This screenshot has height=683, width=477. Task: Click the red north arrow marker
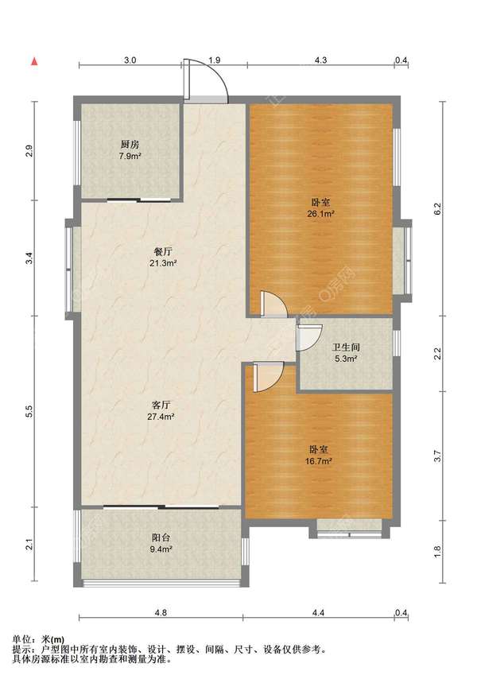point(34,61)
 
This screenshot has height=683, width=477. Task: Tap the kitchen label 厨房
point(130,145)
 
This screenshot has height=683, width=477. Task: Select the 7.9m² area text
point(130,156)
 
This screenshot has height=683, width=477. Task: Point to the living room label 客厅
point(161,405)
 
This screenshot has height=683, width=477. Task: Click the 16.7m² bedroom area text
point(319,461)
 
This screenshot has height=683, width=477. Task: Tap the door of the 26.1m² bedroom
point(274,304)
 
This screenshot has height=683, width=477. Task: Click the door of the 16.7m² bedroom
point(269,377)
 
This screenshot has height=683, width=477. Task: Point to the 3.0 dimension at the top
point(130,60)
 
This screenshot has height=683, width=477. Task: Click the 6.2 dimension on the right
point(438,208)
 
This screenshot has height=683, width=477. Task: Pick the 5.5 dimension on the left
point(29,412)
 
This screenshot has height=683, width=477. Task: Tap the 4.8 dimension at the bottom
point(161,612)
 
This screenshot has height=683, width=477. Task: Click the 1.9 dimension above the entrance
point(215,60)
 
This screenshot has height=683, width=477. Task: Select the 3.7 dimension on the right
point(438,456)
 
